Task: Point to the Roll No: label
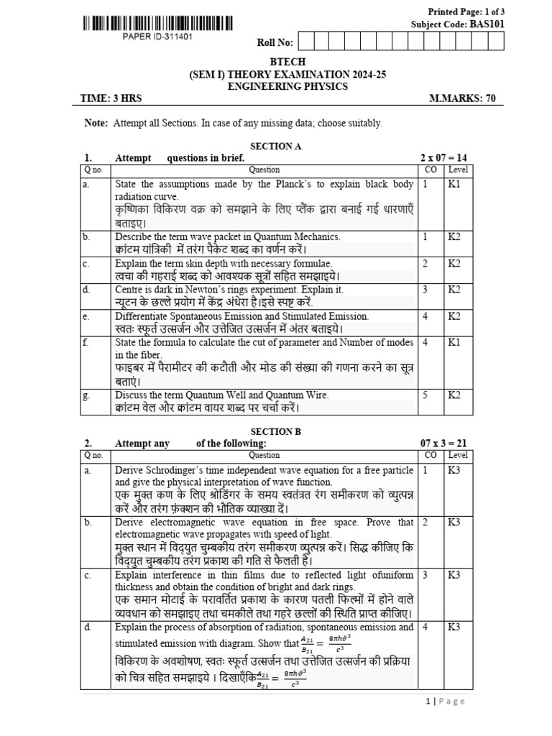[275, 43]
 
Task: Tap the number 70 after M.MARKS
[490, 99]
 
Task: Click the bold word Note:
[96, 124]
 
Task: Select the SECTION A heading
[275, 146]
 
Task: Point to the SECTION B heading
[275, 431]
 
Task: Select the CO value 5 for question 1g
[426, 395]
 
